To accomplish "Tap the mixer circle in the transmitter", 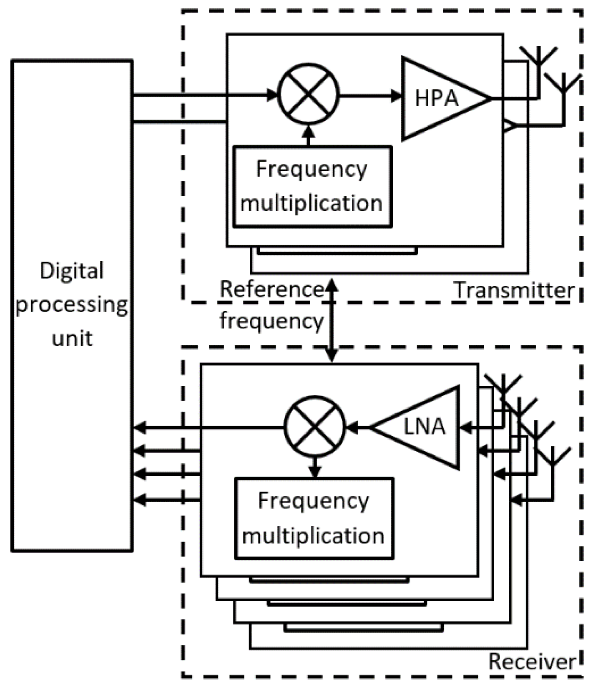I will [309, 94].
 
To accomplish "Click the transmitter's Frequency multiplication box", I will [312, 186].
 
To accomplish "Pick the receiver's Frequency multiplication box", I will [314, 518].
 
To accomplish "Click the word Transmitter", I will [514, 290].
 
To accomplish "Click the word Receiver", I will [532, 661].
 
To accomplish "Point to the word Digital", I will [72, 271].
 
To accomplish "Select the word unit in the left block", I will [72, 338].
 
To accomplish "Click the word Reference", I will [271, 289].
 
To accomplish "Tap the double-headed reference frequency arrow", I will [332, 320].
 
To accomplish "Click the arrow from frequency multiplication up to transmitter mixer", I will [309, 135].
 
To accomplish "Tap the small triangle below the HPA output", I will [509, 125].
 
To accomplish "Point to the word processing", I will [72, 305].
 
